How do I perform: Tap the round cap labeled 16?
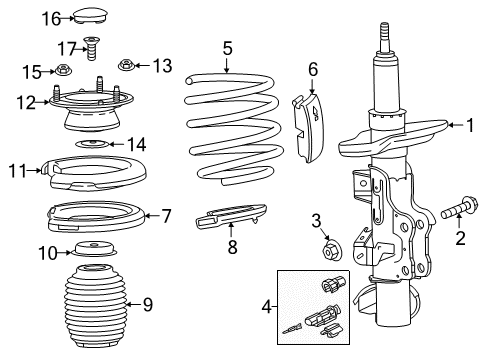point(93,17)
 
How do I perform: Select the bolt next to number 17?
point(92,46)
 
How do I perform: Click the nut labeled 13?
point(127,66)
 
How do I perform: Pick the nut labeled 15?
point(63,71)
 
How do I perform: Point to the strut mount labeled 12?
point(92,110)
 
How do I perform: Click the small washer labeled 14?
point(92,146)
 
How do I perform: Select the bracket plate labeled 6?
point(310,124)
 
